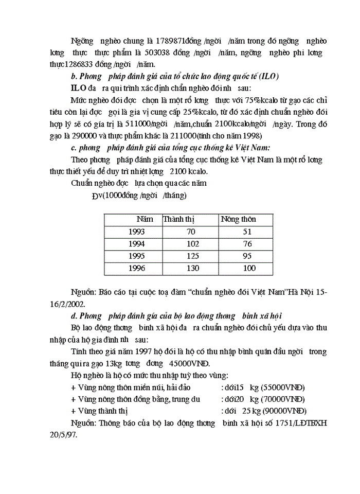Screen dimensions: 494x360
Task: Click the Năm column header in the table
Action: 145,219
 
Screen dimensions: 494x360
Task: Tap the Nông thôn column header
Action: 238,219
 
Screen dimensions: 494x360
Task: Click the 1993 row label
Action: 136,232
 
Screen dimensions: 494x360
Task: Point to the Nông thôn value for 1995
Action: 247,256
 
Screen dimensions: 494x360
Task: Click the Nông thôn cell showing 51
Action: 247,232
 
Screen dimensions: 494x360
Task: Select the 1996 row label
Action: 136,268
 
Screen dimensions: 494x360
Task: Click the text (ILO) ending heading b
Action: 267,76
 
